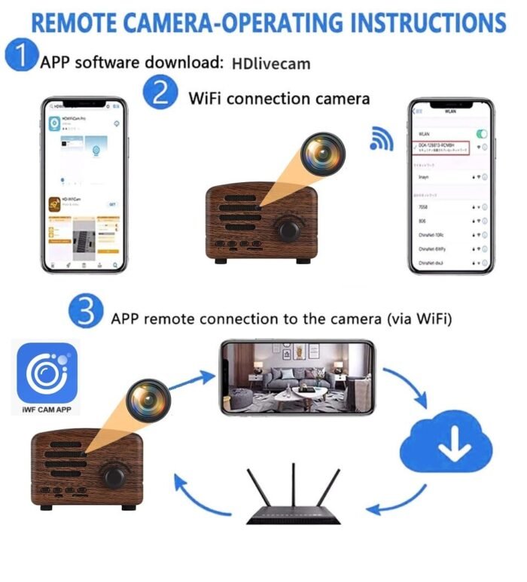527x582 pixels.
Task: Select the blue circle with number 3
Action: point(87,312)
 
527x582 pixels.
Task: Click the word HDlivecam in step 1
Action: point(270,63)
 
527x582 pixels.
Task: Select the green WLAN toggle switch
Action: point(482,133)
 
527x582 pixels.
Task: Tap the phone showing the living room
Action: point(297,376)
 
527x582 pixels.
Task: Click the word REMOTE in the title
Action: point(82,22)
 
